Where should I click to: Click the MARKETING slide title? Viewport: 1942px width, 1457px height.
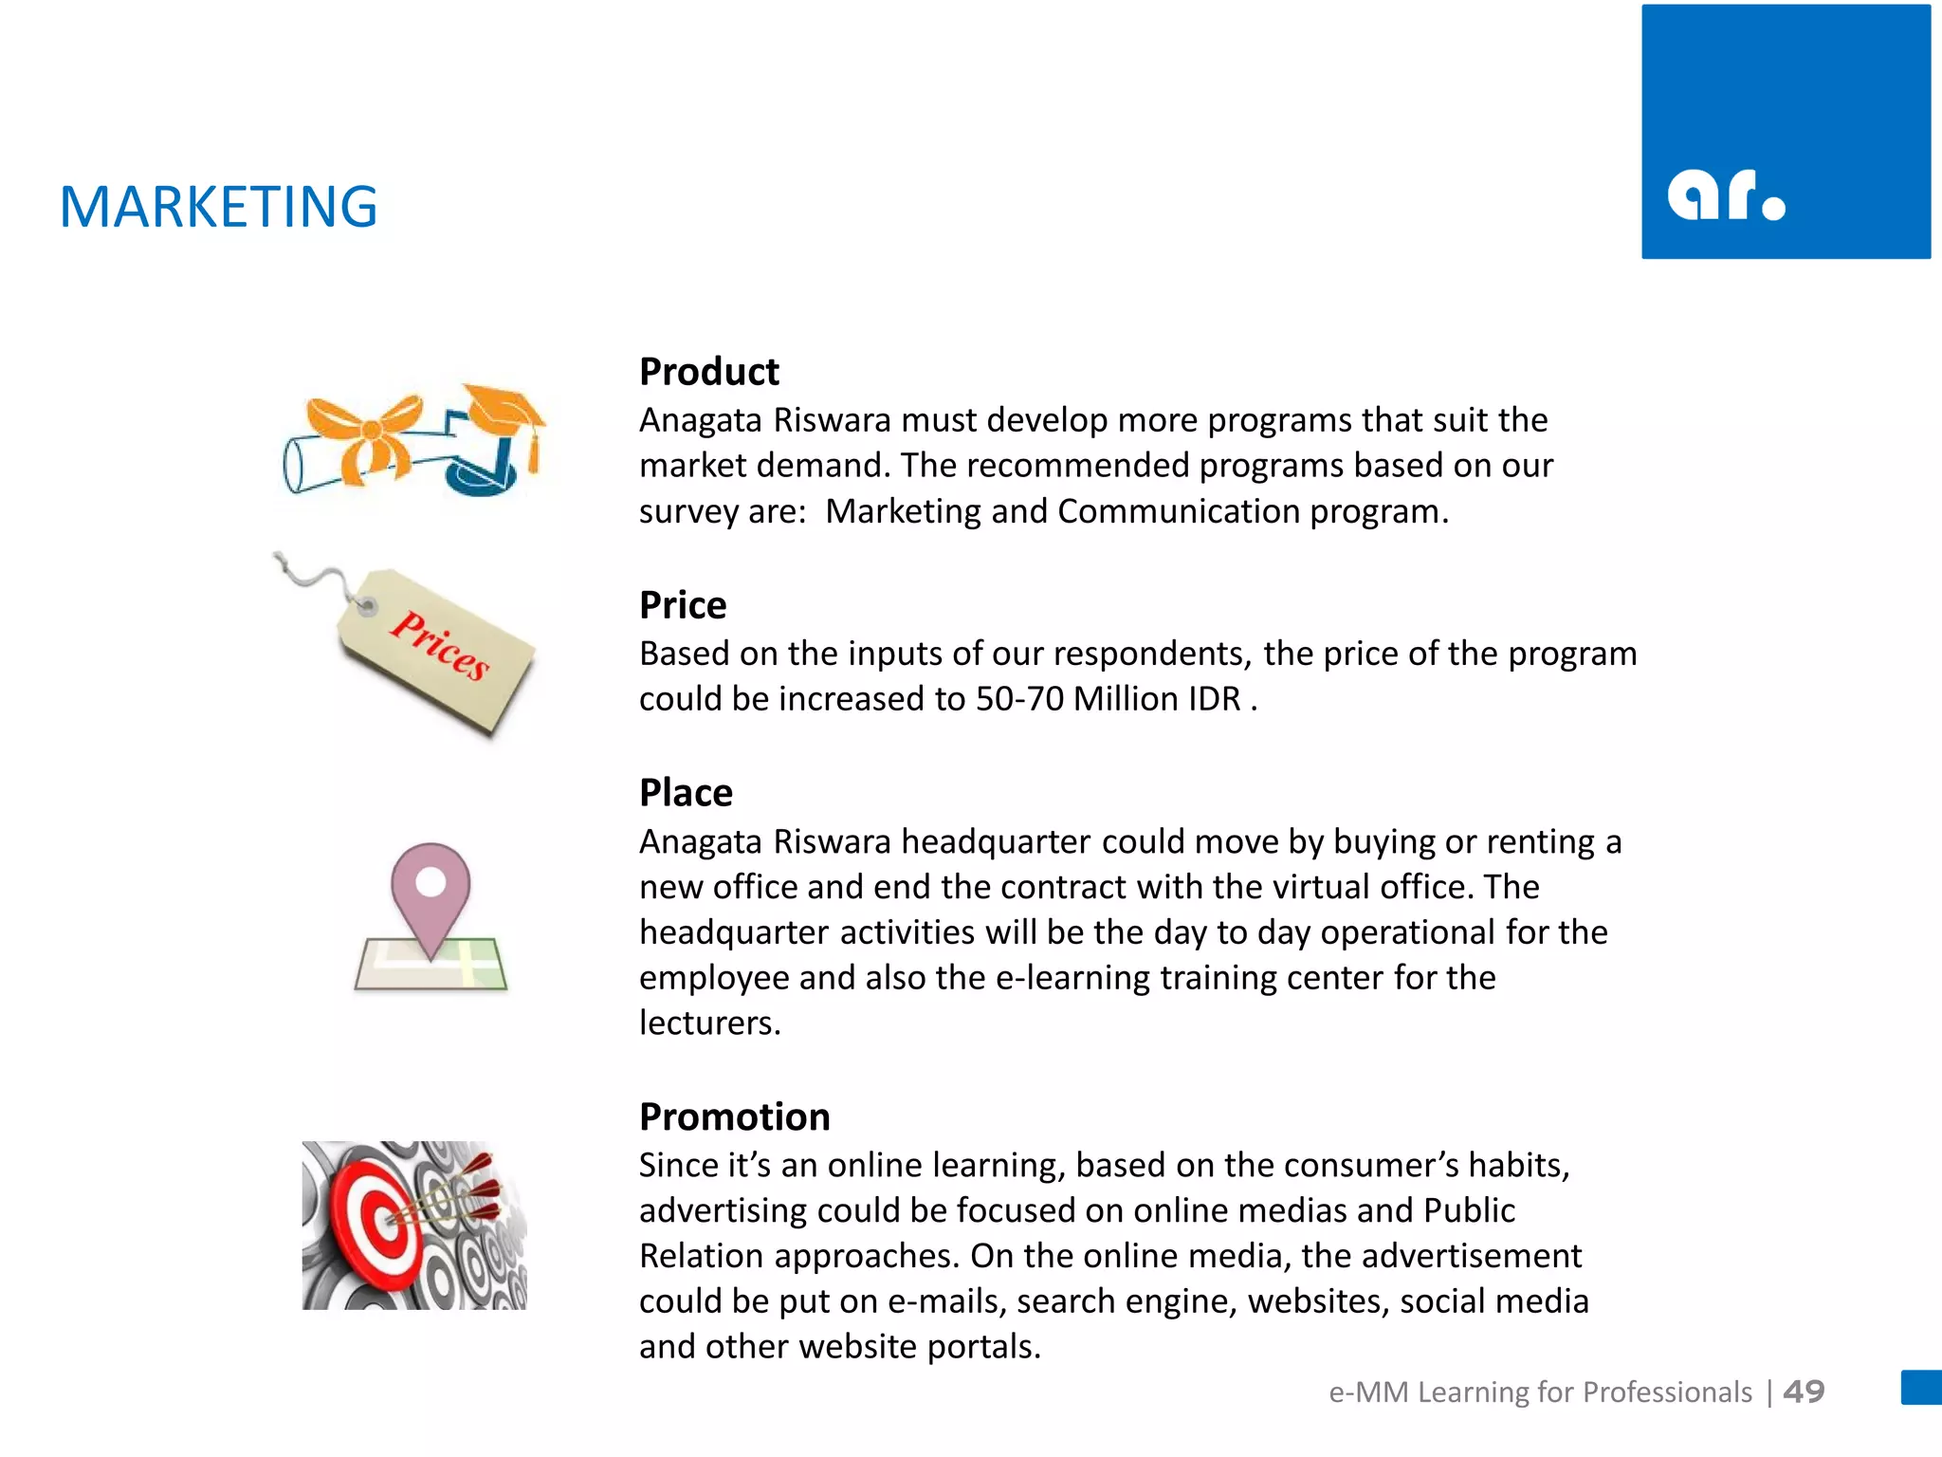coord(218,207)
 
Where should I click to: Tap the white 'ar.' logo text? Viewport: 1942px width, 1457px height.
coord(1726,196)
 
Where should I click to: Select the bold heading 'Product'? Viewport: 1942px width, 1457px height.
coord(708,372)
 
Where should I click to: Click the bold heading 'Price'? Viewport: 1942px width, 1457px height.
coord(683,605)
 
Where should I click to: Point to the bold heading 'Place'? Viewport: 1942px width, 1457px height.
coord(686,793)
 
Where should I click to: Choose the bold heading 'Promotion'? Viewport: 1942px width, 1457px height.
coord(734,1117)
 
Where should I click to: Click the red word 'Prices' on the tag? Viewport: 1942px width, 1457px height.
coord(441,645)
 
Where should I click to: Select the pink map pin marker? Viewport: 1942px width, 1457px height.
coord(431,892)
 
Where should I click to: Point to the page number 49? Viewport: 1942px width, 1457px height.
coord(1804,1392)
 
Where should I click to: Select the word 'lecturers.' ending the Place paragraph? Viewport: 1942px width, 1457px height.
coord(709,1024)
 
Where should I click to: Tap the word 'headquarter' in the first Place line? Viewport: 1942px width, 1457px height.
coord(996,842)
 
